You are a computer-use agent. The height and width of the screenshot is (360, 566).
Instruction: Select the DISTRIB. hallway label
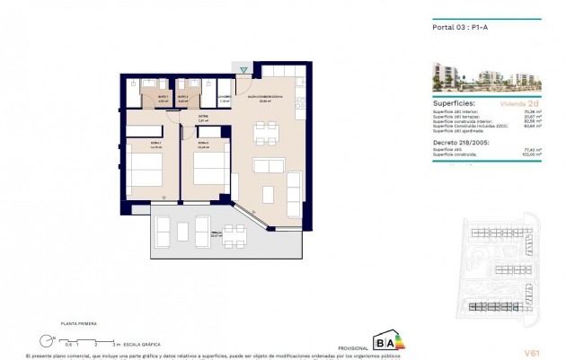pos(204,116)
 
